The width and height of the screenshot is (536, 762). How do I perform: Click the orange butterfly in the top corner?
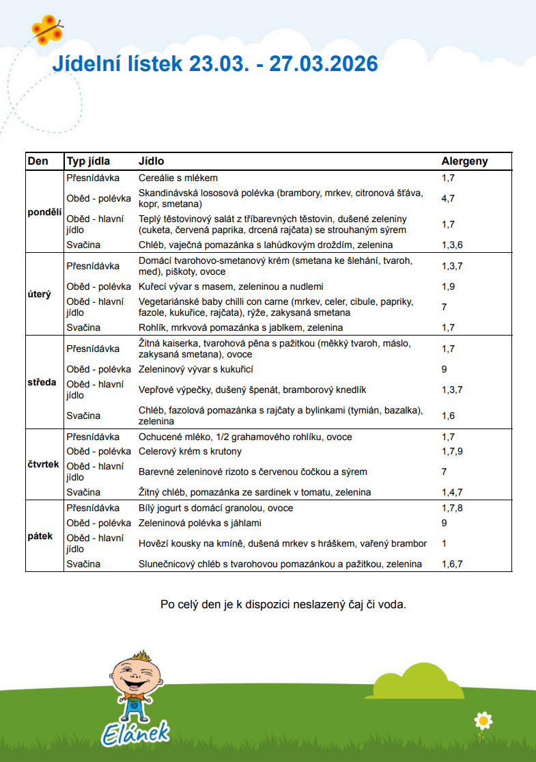click(47, 28)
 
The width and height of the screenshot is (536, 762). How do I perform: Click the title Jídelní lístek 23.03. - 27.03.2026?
click(215, 64)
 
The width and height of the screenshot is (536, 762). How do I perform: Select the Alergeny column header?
click(464, 162)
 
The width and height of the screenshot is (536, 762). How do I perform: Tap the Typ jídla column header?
click(88, 162)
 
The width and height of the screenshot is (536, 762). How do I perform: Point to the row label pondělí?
click(44, 212)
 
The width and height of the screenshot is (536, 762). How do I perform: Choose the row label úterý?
click(40, 295)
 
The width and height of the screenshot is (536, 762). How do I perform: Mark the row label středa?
click(42, 383)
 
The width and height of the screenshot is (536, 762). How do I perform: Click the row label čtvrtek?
click(44, 465)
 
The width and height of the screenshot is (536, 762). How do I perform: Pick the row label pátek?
click(40, 536)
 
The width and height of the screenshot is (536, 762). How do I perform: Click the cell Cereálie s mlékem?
click(178, 178)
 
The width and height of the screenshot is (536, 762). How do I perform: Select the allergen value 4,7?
click(448, 199)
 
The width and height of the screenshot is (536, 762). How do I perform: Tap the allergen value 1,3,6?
click(452, 245)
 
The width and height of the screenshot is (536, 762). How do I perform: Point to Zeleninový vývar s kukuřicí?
click(196, 370)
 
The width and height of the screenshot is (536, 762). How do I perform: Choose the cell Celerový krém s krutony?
click(190, 452)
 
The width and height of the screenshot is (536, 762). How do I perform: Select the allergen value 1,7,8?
click(452, 508)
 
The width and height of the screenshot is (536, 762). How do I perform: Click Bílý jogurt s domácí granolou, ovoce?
click(216, 508)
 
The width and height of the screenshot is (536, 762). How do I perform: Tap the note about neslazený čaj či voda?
click(283, 605)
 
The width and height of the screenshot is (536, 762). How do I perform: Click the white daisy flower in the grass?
click(483, 720)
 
